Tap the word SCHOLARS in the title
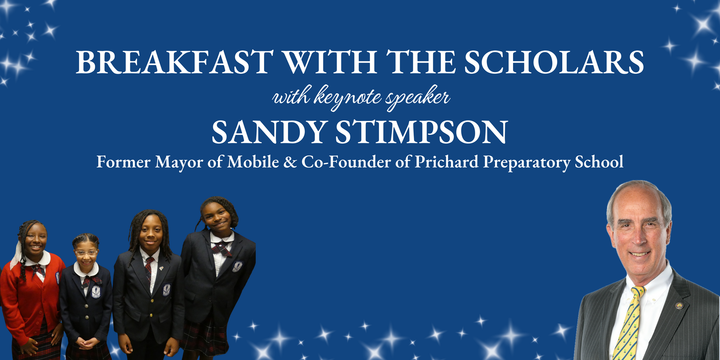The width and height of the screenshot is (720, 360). coord(554,63)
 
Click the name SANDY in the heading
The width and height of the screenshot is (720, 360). coord(269,133)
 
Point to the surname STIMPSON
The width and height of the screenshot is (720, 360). coord(421,133)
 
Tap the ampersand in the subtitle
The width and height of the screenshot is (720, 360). coord(290,162)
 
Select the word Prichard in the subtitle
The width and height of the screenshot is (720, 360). coord(447,162)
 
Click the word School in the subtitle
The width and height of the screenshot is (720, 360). coord(599,162)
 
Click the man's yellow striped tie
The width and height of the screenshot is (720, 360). coord(630,322)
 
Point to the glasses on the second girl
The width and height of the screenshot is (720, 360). coord(86,253)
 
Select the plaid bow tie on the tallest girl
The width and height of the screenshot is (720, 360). coord(221,247)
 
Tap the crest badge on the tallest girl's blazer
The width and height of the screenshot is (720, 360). coord(237,267)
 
